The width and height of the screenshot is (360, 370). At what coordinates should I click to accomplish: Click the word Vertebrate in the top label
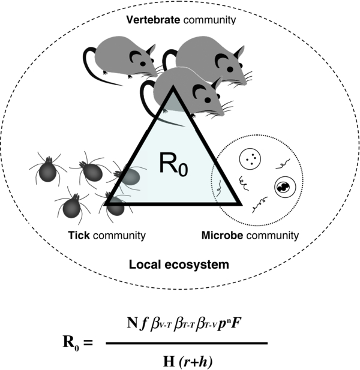tap(146, 20)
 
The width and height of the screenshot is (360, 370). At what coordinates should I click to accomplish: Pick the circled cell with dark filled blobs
tap(283, 188)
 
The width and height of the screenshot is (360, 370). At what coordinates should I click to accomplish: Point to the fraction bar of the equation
tap(186, 343)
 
